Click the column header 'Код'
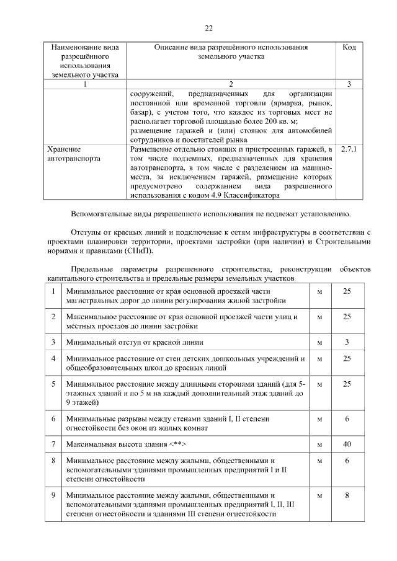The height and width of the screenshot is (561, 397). pyautogui.click(x=349, y=48)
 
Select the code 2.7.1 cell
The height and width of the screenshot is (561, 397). pyautogui.click(x=349, y=149)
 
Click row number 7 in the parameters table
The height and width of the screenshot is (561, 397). pyautogui.click(x=54, y=444)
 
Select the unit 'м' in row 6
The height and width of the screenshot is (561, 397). pyautogui.click(x=319, y=419)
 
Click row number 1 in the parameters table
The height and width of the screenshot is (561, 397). pyautogui.click(x=54, y=291)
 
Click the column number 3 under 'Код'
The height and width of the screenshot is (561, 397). pyautogui.click(x=349, y=84)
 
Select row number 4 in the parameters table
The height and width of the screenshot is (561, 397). pyautogui.click(x=54, y=358)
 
